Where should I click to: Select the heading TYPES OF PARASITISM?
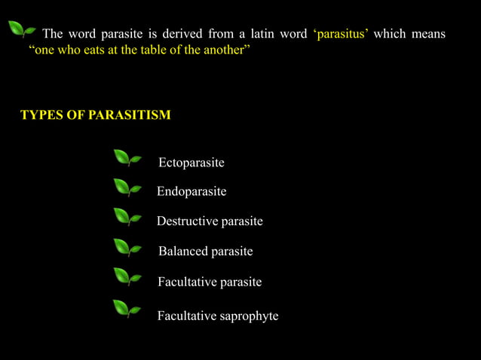(x=96, y=115)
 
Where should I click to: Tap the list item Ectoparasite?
(x=191, y=163)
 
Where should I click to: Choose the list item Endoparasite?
(x=191, y=192)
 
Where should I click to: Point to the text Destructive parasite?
(x=210, y=221)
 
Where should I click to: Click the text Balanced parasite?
(x=205, y=251)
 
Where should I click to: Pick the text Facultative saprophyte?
(x=217, y=316)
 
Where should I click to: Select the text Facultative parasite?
(x=210, y=282)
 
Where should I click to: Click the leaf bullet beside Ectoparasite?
(x=127, y=158)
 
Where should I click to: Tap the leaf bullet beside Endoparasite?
(x=127, y=188)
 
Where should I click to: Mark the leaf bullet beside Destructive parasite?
(x=127, y=218)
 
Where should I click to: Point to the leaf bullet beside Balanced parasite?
(x=127, y=248)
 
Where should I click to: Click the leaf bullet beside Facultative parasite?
(x=127, y=277)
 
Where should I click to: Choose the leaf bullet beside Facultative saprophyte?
(x=127, y=309)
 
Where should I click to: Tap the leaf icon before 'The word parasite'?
(x=21, y=30)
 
